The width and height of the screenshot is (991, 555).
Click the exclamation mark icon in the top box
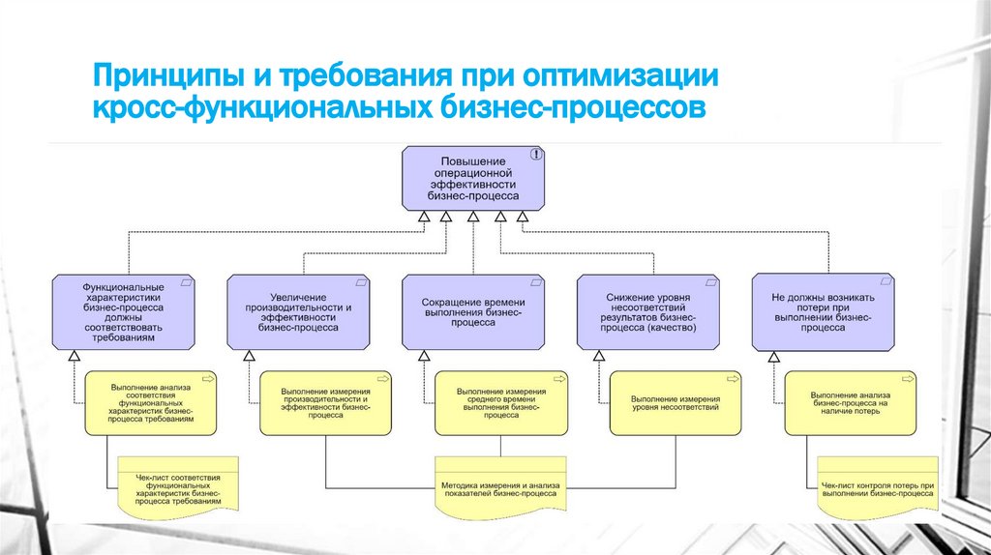pos(535,154)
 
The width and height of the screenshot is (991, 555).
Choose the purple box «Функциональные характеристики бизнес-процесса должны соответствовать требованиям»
pos(123,311)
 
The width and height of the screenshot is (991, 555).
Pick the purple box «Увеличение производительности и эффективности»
pos(297,311)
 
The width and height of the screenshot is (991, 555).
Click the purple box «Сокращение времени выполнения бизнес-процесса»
pos(472,311)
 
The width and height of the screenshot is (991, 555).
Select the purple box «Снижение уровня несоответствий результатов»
pos(646,311)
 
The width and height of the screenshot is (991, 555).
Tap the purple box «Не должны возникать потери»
pos(822,311)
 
